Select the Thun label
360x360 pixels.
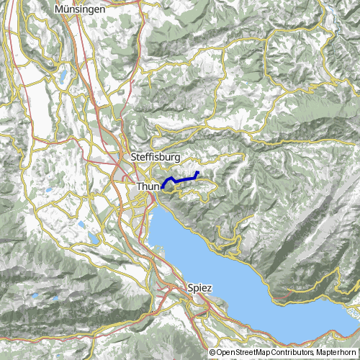click(x=147, y=186)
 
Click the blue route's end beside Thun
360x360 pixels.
click(x=163, y=188)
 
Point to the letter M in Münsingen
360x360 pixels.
click(x=59, y=9)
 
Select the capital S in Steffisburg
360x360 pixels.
click(x=135, y=156)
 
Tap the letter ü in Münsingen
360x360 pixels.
click(x=66, y=9)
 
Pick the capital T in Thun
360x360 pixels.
click(x=138, y=186)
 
